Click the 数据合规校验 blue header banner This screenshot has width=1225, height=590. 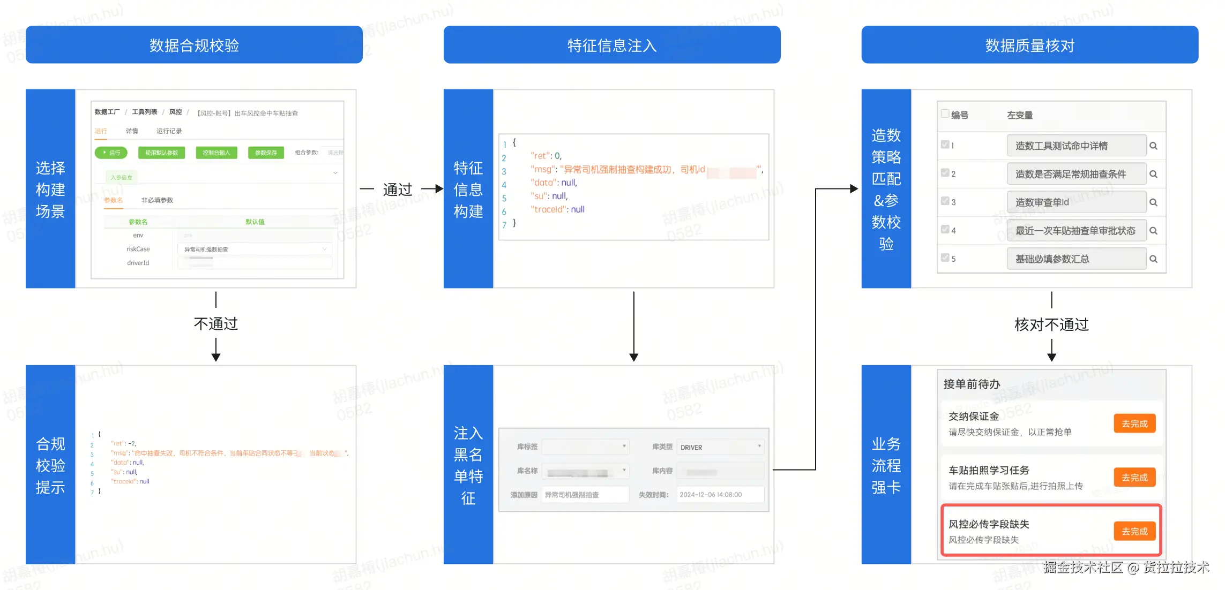[194, 45]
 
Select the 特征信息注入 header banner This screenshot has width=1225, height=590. [611, 45]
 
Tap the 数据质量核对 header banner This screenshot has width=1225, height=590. [1029, 45]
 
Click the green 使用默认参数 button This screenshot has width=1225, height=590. [161, 153]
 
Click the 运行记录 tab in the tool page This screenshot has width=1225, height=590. [169, 131]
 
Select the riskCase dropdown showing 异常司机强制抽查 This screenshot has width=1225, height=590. [255, 249]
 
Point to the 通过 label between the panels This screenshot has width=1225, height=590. [398, 189]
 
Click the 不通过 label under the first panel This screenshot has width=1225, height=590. [215, 324]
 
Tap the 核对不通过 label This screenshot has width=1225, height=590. [1051, 324]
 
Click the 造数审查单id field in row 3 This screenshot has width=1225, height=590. [1075, 202]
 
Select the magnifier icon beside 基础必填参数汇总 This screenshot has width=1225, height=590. [1153, 259]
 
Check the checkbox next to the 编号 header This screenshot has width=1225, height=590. [945, 114]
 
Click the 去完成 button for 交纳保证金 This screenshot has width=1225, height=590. [1134, 423]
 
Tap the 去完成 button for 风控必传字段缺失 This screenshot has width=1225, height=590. [1134, 531]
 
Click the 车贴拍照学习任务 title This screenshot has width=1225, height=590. [989, 470]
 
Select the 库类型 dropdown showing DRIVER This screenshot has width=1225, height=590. [720, 447]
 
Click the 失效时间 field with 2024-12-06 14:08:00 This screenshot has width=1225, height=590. [720, 495]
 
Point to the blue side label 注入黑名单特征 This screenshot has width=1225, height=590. [468, 465]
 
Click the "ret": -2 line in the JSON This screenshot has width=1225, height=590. [124, 443]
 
